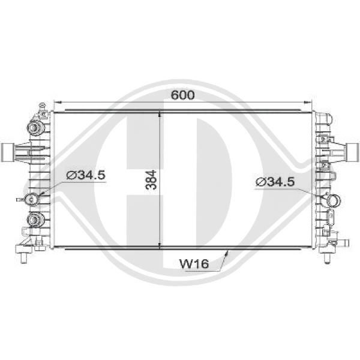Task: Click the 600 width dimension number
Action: (183, 95)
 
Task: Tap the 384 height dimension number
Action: (151, 180)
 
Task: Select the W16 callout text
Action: (194, 264)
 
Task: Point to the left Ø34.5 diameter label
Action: (86, 175)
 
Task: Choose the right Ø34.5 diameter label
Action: (275, 182)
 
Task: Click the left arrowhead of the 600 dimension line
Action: (57, 102)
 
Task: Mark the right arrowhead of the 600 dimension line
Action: (308, 102)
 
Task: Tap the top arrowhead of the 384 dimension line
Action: (160, 115)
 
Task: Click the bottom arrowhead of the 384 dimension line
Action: (160, 245)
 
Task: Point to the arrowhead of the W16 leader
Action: (227, 253)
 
